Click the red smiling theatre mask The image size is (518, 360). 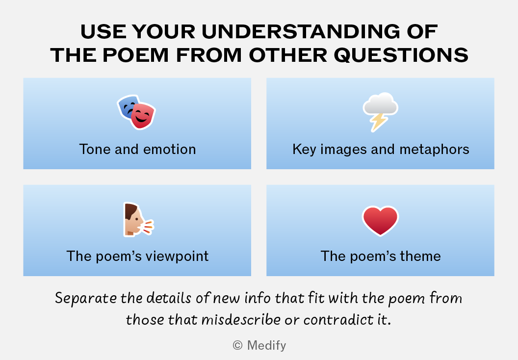[143, 116]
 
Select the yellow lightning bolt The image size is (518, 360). [379, 122]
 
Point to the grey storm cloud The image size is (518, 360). [381, 103]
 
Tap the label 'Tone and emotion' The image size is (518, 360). [137, 149]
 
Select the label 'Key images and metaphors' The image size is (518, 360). [381, 150]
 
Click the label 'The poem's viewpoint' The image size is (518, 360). [137, 257]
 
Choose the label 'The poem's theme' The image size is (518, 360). [381, 257]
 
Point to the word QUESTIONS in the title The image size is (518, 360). [401, 55]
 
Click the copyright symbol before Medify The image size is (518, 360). [237, 345]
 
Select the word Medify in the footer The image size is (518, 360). [266, 345]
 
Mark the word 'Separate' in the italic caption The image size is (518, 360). [86, 298]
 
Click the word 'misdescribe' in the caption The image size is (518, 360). [241, 320]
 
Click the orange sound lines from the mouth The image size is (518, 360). [148, 227]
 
